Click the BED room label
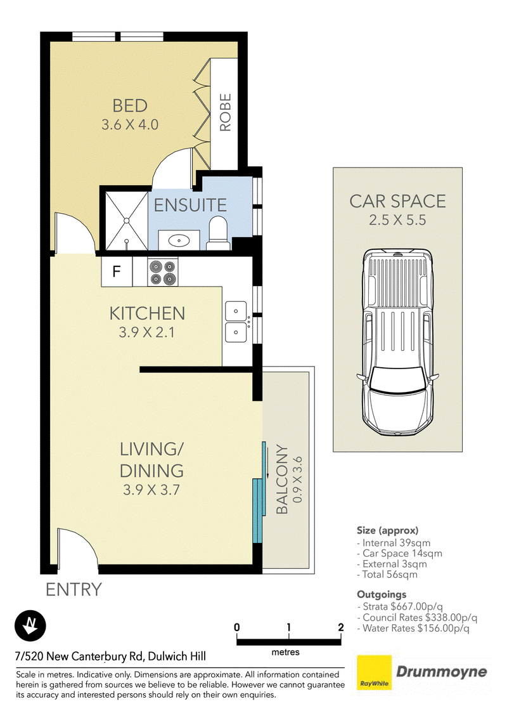click(x=130, y=106)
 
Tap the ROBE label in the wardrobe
click(x=226, y=113)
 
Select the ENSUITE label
click(x=190, y=205)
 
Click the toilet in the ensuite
click(x=218, y=233)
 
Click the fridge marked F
click(x=117, y=271)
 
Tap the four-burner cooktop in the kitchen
click(x=162, y=271)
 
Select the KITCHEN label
click(x=147, y=314)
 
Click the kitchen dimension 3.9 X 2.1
click(x=147, y=332)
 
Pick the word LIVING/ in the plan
click(x=151, y=449)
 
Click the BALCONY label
click(x=282, y=480)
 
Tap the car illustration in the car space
click(x=397, y=342)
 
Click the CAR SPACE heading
click(x=397, y=202)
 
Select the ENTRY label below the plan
click(x=74, y=590)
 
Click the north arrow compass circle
click(x=30, y=625)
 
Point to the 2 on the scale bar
click(x=340, y=627)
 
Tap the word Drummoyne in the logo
click(x=442, y=672)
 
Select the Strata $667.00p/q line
click(x=400, y=607)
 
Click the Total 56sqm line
click(x=387, y=575)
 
